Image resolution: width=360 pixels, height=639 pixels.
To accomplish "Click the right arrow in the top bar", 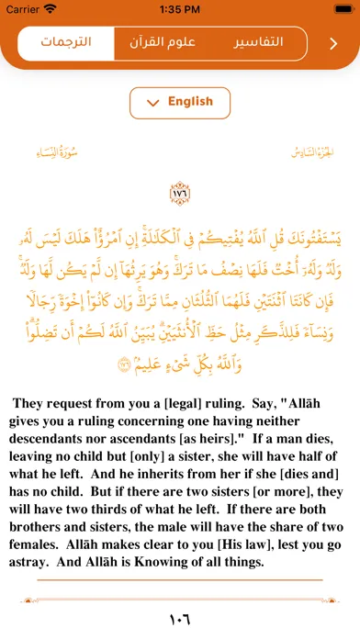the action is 333,43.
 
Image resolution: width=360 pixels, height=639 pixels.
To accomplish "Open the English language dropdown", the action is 179,103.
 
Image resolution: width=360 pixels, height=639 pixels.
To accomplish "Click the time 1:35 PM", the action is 180,9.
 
